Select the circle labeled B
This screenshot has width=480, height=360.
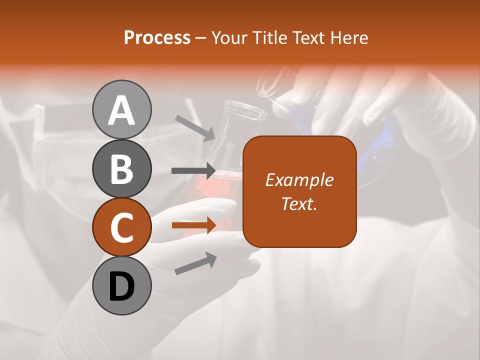pyautogui.click(x=121, y=168)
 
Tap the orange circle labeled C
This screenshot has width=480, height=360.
pyautogui.click(x=121, y=227)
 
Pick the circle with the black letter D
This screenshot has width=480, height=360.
pyautogui.click(x=121, y=286)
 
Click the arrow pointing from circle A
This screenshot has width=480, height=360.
pyautogui.click(x=195, y=128)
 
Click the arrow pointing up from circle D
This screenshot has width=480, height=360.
pyautogui.click(x=195, y=264)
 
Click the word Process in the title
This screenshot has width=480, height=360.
pyautogui.click(x=157, y=37)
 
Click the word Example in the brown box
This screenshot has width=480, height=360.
pyautogui.click(x=299, y=180)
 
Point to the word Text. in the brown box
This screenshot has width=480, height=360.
pyautogui.click(x=299, y=203)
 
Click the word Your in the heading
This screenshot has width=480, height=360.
pyautogui.click(x=230, y=37)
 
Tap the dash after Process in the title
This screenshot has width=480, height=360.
pyautogui.click(x=201, y=38)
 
